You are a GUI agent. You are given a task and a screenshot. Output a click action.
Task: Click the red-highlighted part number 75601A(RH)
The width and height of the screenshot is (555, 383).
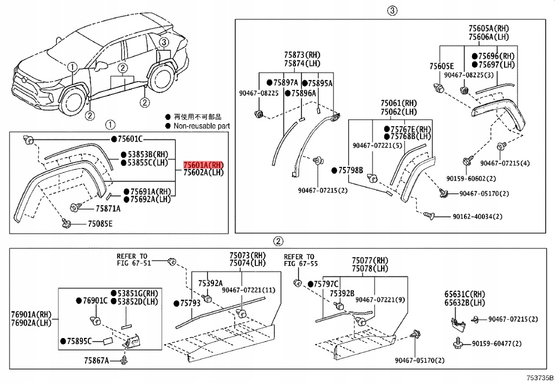[x=203, y=165]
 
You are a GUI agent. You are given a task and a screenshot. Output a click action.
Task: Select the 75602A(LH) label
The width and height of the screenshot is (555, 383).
[x=203, y=172]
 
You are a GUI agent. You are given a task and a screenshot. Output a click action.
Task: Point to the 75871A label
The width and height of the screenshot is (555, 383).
[x=108, y=209]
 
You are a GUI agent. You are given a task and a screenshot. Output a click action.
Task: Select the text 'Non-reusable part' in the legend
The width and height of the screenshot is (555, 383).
[x=201, y=126]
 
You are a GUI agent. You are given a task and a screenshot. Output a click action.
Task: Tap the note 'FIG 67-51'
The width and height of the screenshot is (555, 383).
[x=132, y=263]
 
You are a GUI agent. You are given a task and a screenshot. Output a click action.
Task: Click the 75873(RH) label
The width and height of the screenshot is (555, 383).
[x=302, y=55]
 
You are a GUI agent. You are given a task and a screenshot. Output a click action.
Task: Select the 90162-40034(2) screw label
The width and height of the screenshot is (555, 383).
[x=477, y=216]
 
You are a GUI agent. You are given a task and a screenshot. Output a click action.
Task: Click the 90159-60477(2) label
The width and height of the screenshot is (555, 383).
[x=496, y=343]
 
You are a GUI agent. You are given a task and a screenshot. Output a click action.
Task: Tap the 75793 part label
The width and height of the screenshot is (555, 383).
[x=190, y=303]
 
